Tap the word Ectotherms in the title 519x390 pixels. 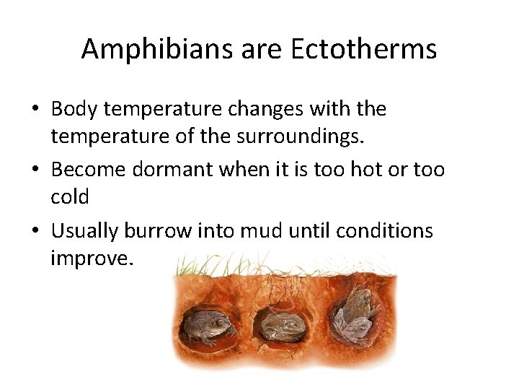pos(363,49)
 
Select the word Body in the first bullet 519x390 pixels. pos(76,109)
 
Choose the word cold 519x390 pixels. pos(70,196)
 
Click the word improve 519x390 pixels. pos(91,257)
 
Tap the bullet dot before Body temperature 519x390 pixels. pos(35,110)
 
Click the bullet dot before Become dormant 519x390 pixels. pos(35,170)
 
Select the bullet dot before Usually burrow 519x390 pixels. pos(35,232)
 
